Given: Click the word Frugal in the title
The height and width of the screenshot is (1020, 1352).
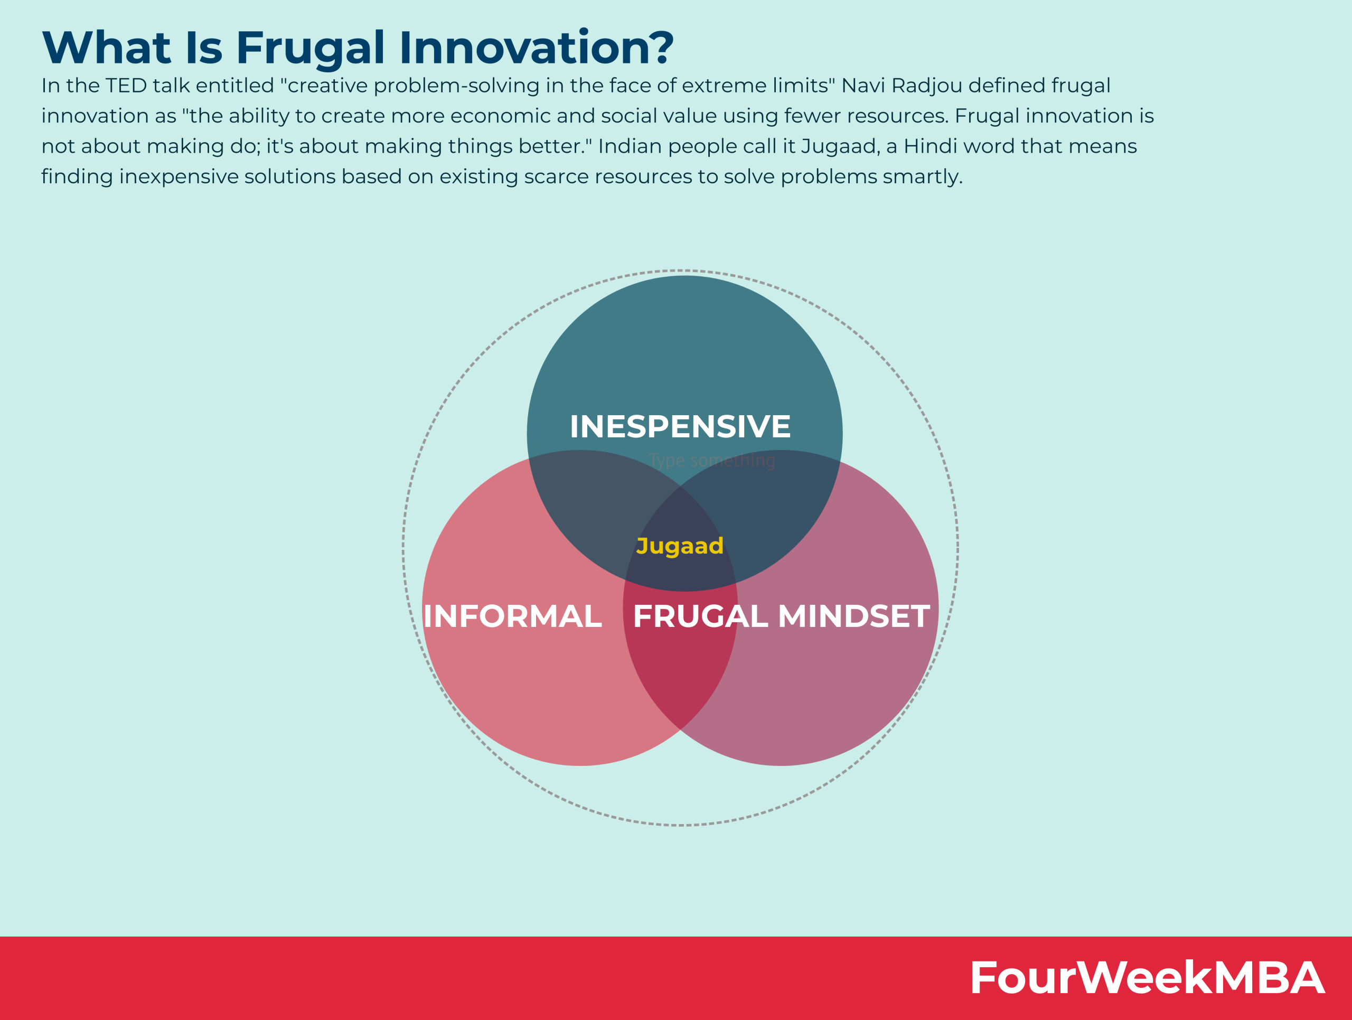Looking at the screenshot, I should (310, 48).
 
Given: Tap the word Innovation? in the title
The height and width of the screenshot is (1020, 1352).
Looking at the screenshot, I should (536, 48).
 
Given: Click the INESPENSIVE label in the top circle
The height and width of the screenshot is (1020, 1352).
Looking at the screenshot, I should (680, 427).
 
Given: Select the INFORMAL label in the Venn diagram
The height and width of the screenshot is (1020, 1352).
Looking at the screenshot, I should (512, 616).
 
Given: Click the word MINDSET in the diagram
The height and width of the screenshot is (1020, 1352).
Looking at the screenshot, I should (854, 616).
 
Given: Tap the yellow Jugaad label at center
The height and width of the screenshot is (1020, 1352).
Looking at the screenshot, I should (680, 546).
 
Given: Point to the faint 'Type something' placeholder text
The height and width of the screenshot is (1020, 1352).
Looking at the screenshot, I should (712, 461).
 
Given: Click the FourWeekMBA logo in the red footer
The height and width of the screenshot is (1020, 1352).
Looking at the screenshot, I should (1147, 978).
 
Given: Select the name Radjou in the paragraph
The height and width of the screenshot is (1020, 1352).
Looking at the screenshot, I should (927, 86).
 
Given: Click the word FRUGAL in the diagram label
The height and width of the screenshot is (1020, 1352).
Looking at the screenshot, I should (700, 616).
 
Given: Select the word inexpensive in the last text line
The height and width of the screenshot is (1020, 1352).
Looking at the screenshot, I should (179, 176).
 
